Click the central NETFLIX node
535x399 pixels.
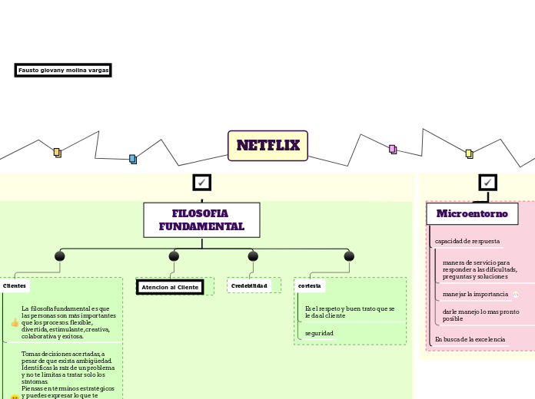tap(267, 146)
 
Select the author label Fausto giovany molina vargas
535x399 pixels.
tap(63, 71)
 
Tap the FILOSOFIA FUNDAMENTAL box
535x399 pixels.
tap(201, 220)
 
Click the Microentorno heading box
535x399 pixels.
tap(472, 213)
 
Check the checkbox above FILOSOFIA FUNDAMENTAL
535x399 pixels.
tap(201, 183)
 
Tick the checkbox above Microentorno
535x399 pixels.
tap(487, 183)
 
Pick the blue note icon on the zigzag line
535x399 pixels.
tap(132, 159)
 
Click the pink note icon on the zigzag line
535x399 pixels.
tap(392, 149)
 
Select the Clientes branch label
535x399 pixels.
tap(15, 285)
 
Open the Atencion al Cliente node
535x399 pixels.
tap(170, 287)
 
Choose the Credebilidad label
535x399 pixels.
tap(249, 285)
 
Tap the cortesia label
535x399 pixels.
tap(310, 285)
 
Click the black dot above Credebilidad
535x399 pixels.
tap(253, 256)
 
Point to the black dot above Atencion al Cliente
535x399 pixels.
tap(174, 256)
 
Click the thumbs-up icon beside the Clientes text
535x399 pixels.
tap(15, 322)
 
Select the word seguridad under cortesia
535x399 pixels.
tap(319, 333)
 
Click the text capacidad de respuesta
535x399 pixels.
tap(467, 241)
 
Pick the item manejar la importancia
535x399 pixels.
tap(475, 294)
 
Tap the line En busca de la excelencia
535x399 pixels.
tap(470, 339)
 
